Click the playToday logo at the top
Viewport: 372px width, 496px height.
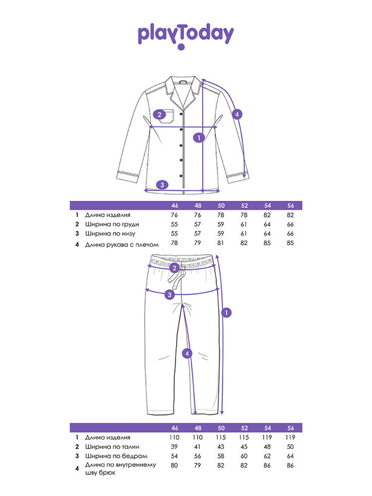185,37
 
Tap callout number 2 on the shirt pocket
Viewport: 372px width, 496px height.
159,115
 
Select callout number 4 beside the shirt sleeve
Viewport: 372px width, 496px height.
237,114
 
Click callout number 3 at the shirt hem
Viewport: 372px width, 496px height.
162,185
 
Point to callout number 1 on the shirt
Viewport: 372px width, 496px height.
199,138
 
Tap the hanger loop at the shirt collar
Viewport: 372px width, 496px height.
183,82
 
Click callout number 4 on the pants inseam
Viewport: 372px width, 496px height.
187,353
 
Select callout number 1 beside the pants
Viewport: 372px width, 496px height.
226,312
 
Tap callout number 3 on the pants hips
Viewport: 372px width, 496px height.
169,295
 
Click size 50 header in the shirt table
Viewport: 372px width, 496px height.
221,206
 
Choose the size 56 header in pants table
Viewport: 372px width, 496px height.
291,428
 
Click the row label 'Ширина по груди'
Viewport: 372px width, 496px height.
112,224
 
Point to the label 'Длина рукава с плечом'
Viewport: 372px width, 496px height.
122,244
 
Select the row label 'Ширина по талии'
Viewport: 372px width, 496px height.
112,446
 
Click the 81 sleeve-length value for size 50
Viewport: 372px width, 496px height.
221,243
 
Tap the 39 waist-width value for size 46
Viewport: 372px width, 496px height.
174,446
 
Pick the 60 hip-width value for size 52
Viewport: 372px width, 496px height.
244,456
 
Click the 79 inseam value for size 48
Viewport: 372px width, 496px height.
197,466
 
